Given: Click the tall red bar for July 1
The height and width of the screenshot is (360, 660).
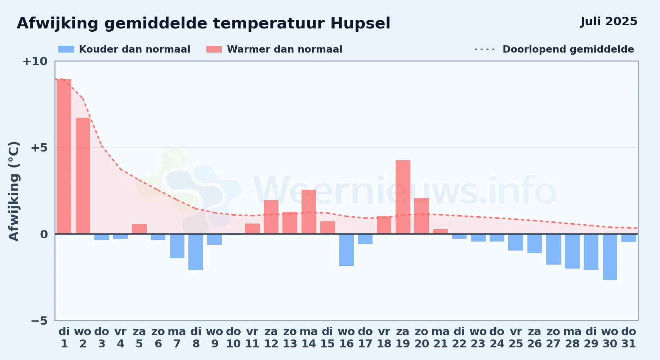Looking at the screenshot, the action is [x=64, y=157].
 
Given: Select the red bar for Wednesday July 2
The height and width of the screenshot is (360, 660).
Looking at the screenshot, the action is [x=83, y=176].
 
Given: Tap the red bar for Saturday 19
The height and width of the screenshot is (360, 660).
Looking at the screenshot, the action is [x=403, y=197].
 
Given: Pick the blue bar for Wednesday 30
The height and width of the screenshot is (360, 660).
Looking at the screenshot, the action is [x=610, y=257].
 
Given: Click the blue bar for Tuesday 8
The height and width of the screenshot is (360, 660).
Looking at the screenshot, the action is [x=196, y=252].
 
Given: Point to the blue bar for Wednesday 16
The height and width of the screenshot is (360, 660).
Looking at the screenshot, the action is [x=346, y=250].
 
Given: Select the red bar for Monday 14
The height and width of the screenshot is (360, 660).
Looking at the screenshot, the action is [x=309, y=212].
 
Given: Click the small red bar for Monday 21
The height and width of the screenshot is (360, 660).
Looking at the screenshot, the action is [x=440, y=231].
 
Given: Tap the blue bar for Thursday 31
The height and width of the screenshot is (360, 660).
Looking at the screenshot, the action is [x=629, y=238].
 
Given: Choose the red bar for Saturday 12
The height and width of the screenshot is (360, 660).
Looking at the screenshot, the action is [x=271, y=217].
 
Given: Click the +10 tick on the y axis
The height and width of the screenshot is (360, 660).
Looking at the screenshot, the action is [x=35, y=61].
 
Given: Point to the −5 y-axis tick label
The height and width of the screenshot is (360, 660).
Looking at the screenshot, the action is [x=39, y=321].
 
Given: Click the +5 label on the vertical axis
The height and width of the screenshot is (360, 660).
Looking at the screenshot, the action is [x=39, y=148].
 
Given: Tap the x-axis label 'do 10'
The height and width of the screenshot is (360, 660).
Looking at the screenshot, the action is [x=233, y=338].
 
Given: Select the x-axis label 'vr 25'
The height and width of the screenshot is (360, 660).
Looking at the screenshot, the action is [x=516, y=338].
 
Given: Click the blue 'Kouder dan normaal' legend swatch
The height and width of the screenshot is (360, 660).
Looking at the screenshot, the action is [x=66, y=49].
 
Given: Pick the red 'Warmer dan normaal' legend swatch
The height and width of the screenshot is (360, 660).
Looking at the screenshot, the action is [x=214, y=49].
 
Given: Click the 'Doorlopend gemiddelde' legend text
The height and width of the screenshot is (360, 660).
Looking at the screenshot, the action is [x=568, y=49].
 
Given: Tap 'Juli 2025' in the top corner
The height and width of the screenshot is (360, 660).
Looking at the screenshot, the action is [x=609, y=22].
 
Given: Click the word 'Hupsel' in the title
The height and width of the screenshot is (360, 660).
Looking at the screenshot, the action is [x=360, y=24].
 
